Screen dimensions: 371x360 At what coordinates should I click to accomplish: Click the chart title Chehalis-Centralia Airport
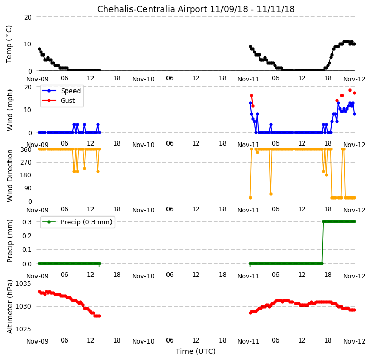(152, 9)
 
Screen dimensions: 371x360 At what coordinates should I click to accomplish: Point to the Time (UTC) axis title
(196, 351)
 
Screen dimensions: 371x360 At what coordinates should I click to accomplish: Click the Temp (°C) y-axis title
(9, 44)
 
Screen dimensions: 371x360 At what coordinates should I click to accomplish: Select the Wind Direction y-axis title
(10, 175)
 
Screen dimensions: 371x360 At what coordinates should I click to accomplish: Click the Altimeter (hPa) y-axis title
(10, 307)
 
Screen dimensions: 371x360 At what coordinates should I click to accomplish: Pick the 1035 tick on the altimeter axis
(24, 284)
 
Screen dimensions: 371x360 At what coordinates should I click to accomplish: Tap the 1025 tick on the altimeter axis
(24, 329)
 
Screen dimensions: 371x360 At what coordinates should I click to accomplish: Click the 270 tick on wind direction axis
(26, 163)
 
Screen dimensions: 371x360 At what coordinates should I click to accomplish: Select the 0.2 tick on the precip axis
(27, 236)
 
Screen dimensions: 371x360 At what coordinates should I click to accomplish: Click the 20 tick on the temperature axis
(28, 17)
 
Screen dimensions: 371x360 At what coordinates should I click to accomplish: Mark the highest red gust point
(350, 90)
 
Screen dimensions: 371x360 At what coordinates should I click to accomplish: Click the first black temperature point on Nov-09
(39, 49)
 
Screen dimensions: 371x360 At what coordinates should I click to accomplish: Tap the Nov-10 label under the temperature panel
(143, 79)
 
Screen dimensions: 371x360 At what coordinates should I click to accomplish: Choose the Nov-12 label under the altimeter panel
(354, 341)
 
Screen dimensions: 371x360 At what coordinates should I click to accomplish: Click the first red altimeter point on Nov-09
(39, 292)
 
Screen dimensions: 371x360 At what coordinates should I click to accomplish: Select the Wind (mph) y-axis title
(10, 110)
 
